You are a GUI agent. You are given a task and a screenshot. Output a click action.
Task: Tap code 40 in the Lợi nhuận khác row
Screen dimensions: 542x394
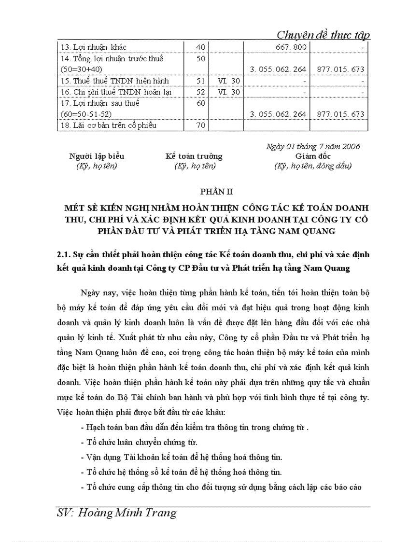pos(201,47)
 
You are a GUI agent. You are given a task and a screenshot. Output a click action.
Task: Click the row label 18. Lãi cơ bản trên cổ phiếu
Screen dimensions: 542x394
pos(108,125)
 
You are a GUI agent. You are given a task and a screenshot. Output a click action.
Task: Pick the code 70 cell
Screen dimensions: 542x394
pos(201,125)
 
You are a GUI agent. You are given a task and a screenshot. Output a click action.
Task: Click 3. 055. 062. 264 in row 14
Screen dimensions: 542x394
pos(278,69)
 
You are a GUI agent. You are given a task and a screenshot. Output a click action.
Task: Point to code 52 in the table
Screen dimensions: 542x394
pos(201,92)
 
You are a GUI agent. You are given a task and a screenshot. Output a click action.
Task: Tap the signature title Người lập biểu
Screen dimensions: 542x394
pos(97,156)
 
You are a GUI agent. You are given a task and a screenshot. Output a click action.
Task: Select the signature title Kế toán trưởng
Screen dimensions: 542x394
pos(194,156)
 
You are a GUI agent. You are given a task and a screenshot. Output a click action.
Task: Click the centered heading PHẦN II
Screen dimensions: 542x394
pos(213,192)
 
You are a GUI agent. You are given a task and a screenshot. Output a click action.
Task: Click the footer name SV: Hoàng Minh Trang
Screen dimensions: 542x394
pos(116,513)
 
